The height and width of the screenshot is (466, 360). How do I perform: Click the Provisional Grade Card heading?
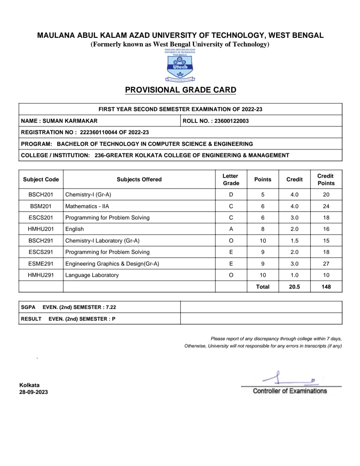pos(181,90)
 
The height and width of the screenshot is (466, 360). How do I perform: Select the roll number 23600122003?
pos(231,121)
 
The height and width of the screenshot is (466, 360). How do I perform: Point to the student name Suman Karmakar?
pos(70,121)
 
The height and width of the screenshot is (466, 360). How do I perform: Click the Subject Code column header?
pos(41,179)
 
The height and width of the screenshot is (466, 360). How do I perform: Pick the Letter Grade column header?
pos(231,179)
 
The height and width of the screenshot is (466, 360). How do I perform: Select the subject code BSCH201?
pos(41,194)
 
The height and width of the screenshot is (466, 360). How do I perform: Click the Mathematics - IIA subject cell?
pos(87,206)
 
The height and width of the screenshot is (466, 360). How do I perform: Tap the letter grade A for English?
pos(231,229)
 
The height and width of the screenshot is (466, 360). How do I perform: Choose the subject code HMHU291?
pos(41,275)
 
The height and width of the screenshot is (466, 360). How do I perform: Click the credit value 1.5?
pos(294,241)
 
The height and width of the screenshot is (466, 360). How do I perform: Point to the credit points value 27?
pos(326,264)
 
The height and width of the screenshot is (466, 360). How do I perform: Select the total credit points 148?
pos(326,287)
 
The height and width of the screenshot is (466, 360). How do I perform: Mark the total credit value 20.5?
pos(294,287)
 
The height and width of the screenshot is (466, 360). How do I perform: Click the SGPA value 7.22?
pos(111,307)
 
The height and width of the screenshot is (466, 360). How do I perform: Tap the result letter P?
pos(113,319)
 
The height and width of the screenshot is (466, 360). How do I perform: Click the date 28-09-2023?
pos(34,392)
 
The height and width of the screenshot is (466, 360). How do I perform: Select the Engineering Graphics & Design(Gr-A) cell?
pos(112,264)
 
